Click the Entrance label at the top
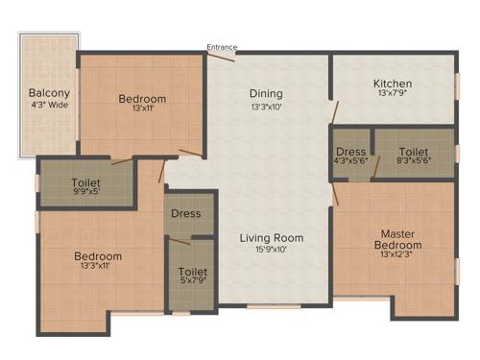point(222,46)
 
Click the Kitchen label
point(392,84)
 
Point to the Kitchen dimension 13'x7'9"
point(392,94)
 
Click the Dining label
point(266,93)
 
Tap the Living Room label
point(272,238)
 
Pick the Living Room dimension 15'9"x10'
point(272,250)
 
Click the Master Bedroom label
point(397,239)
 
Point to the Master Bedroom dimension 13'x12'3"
point(397,257)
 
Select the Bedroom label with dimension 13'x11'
point(142,99)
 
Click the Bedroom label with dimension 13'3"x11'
point(98,256)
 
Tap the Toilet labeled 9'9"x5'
point(87,182)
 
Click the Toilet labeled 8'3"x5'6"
point(413,152)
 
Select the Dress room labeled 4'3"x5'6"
point(350,152)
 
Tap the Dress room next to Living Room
point(185,213)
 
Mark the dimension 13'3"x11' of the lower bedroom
point(98,268)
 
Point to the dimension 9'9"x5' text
point(87,194)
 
